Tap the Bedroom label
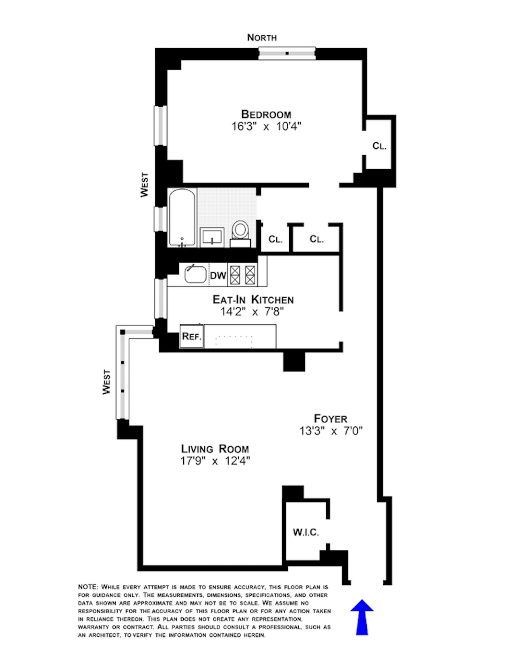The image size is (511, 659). point(266,114)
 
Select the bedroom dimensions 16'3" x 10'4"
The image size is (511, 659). point(266,126)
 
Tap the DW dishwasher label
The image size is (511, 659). point(218,275)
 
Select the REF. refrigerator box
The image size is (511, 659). point(191,336)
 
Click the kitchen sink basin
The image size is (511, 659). point(195,274)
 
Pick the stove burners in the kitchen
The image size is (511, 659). point(243,275)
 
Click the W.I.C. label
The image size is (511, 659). point(306,532)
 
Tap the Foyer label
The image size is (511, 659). point(330,418)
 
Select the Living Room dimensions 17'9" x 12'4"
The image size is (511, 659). point(215,461)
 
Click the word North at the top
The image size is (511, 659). point(262,38)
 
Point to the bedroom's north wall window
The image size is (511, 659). point(286,53)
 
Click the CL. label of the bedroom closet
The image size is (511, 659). point(379,146)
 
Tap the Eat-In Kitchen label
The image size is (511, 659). point(253,300)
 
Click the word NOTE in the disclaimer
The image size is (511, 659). point(88,587)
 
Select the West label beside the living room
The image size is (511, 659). point(106,382)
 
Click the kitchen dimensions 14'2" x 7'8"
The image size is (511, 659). point(252,312)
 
